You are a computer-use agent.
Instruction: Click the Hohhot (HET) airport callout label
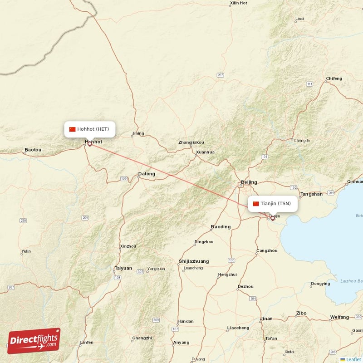pyautogui.click(x=89, y=129)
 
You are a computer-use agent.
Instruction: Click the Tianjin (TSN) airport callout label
pyautogui.click(x=273, y=204)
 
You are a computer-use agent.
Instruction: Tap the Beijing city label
pyautogui.click(x=249, y=182)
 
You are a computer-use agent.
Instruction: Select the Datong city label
pyautogui.click(x=147, y=174)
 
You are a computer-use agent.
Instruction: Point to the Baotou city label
pyautogui.click(x=33, y=149)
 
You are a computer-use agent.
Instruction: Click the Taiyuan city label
pyautogui.click(x=123, y=268)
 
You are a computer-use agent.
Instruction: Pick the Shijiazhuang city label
pyautogui.click(x=194, y=261)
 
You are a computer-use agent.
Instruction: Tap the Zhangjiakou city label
pyautogui.click(x=191, y=142)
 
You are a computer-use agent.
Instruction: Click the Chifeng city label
pyautogui.click(x=334, y=78)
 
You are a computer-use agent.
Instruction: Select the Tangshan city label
pyautogui.click(x=312, y=194)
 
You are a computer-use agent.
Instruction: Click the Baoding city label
pyautogui.click(x=221, y=226)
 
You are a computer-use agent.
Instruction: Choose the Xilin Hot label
pyautogui.click(x=239, y=3)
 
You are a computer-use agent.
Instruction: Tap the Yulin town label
pyautogui.click(x=26, y=251)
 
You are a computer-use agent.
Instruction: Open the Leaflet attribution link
pyautogui.click(x=353, y=359)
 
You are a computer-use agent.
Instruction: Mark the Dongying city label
pyautogui.click(x=320, y=284)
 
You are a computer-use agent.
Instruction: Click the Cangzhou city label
pyautogui.click(x=267, y=250)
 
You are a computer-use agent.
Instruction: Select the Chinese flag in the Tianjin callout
pyautogui.click(x=256, y=204)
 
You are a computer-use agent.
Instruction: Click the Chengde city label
pyautogui.click(x=302, y=141)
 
